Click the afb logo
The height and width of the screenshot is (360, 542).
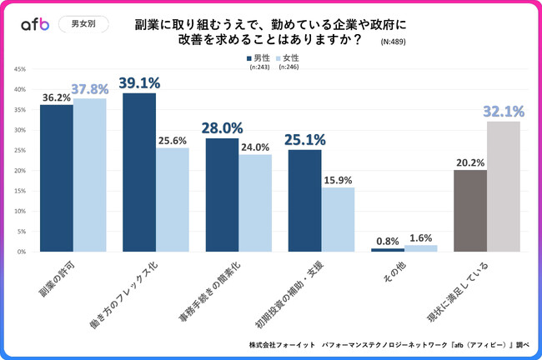coord(35,24)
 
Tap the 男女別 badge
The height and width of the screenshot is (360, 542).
coord(84,24)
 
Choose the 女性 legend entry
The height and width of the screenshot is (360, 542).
coord(287,57)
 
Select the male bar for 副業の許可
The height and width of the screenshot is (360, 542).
coord(56,177)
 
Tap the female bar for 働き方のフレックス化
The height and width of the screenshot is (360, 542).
coord(172,199)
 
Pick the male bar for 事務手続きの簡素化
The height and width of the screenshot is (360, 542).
coord(221,194)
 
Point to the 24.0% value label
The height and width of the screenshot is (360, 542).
coord(255,147)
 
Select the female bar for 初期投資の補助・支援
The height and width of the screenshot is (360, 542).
coord(338,219)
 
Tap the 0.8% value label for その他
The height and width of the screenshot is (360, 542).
coord(387,242)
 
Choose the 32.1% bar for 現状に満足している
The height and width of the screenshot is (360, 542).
coord(503,186)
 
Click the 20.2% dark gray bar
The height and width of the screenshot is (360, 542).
coord(469,210)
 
